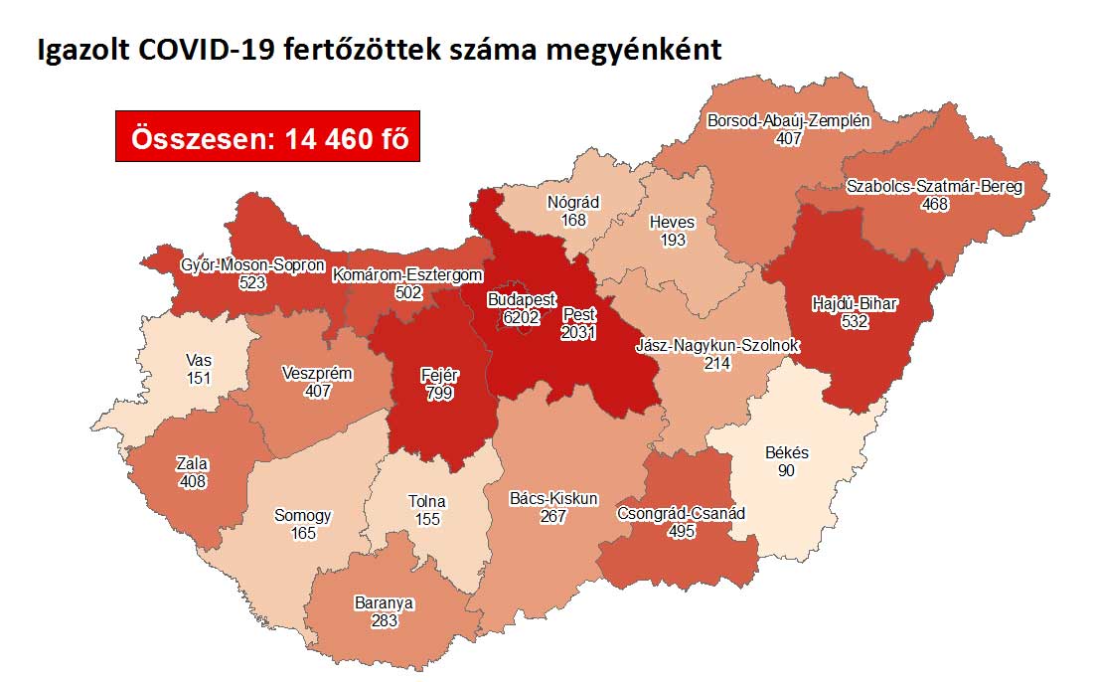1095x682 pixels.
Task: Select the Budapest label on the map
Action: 522,299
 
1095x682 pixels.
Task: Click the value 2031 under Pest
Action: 578,333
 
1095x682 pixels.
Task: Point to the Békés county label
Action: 787,453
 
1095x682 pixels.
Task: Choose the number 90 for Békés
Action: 787,470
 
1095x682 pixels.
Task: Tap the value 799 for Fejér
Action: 439,393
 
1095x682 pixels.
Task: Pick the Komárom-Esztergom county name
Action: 408,275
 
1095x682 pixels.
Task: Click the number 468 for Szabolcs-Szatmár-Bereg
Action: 934,205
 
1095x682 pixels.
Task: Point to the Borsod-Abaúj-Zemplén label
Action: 788,122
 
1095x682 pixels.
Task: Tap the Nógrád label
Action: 573,202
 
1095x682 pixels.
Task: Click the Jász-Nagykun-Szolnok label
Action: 718,346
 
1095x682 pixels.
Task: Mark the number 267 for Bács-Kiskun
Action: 552,516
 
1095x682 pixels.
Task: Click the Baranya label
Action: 384,603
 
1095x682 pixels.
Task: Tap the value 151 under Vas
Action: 198,378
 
